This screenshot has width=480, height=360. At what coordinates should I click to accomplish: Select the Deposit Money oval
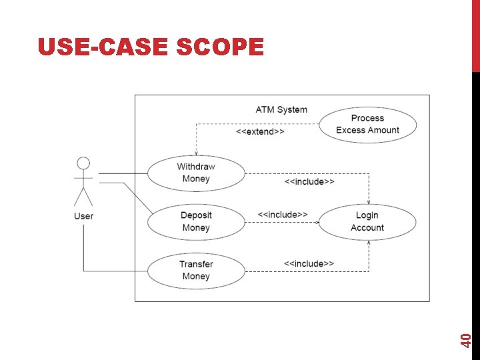point(196,222)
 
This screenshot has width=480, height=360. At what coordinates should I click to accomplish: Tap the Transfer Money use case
point(196,270)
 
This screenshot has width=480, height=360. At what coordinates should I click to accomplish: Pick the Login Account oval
point(367,222)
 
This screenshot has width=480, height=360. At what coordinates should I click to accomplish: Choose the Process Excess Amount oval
point(367,124)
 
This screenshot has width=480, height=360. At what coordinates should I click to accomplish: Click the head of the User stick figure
point(83,163)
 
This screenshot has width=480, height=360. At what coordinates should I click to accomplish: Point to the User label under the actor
point(83,216)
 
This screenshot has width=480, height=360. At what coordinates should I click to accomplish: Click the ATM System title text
point(281,109)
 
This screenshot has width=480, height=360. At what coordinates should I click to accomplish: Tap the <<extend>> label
point(260,132)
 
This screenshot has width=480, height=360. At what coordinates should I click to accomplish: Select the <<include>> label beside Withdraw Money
point(309,181)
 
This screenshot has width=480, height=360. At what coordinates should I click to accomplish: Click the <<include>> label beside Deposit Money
point(283,215)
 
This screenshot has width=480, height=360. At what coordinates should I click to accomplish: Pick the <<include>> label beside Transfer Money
point(309,264)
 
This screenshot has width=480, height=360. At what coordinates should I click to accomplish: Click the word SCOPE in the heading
point(220,47)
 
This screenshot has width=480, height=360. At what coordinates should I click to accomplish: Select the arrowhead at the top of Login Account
point(369,201)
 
